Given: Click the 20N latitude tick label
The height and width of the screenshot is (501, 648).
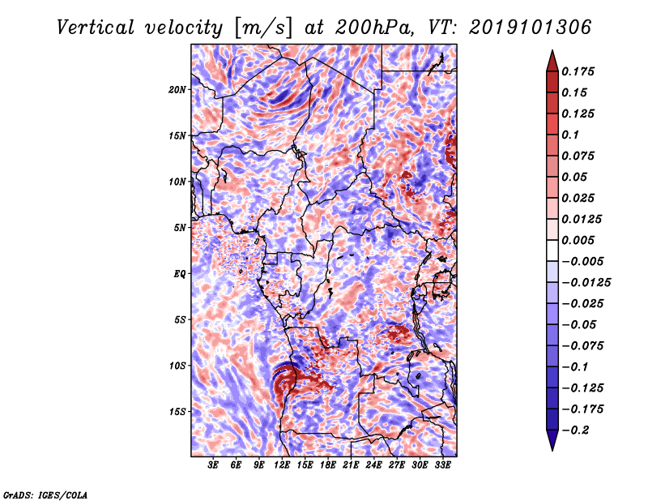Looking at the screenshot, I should pos(177,89).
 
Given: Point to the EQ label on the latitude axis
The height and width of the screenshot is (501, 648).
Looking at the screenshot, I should pos(180,274).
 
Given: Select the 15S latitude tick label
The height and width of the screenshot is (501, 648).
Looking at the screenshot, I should pos(177,412).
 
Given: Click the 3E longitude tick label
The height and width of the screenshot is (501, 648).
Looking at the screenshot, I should pos(214,465).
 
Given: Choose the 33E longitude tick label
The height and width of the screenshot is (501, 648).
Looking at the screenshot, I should pos(442,465).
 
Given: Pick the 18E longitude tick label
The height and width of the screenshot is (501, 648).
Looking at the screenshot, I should pos(328,465).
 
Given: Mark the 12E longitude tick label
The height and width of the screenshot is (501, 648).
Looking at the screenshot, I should pos(282,465).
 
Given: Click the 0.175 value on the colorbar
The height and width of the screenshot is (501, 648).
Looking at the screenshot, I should pos(582,72).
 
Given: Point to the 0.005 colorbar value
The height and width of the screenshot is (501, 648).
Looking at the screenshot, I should pos(582,241).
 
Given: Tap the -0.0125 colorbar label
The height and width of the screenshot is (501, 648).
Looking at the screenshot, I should pos(588,283).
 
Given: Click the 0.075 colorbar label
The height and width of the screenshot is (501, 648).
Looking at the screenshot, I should pos(582,156).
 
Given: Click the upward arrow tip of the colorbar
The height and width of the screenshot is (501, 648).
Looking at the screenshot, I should pos(552,53).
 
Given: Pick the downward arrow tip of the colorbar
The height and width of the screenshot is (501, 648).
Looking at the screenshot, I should pos(552,448).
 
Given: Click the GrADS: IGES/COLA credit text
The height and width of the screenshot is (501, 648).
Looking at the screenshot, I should pos(45,493).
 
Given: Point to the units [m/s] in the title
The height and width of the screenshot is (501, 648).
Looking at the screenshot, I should pos(262,28).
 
